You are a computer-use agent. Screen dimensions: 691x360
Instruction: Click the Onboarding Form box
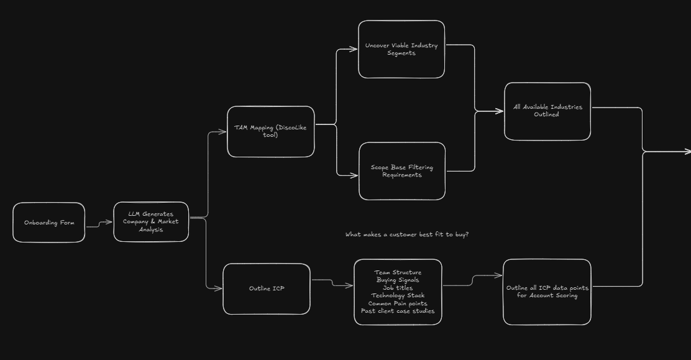(48, 223)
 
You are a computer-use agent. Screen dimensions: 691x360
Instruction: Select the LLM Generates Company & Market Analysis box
(151, 222)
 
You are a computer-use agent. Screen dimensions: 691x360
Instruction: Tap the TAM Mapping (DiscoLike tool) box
(271, 131)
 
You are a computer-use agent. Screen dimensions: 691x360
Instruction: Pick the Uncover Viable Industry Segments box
(401, 49)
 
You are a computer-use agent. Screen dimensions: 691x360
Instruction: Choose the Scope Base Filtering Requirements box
(402, 171)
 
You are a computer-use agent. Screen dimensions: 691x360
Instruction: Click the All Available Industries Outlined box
(547, 111)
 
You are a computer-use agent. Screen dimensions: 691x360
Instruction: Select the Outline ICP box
(267, 288)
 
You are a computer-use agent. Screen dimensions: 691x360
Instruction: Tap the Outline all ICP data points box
(547, 292)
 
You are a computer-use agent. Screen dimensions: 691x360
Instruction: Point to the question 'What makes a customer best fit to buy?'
(407, 234)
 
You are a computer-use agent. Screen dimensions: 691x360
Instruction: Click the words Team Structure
(398, 272)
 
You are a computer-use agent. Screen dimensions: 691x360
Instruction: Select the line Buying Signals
(398, 280)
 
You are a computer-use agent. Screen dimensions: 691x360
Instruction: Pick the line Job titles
(398, 288)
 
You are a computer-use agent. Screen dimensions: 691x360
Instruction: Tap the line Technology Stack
(398, 295)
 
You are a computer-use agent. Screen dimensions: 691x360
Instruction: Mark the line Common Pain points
(398, 303)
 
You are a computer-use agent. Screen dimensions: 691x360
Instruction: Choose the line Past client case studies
(398, 311)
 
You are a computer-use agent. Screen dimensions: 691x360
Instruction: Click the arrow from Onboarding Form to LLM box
(99, 224)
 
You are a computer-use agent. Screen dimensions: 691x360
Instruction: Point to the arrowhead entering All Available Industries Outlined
(500, 111)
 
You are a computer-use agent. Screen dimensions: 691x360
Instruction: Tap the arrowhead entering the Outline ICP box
(218, 288)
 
